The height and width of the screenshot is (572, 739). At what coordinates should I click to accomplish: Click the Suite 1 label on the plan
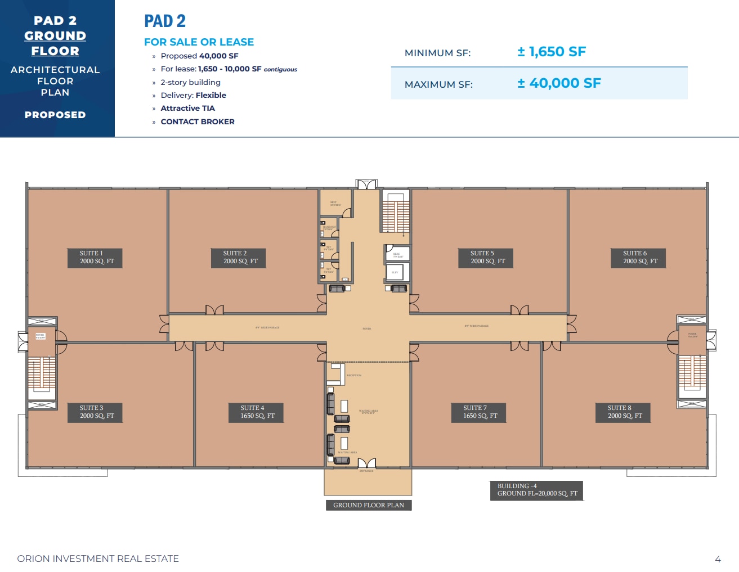point(96,258)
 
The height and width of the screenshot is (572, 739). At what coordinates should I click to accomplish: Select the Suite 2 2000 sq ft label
point(240,258)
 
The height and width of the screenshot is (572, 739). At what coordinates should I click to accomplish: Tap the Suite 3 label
point(96,412)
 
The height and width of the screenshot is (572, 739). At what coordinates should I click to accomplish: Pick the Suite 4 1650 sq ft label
point(257,412)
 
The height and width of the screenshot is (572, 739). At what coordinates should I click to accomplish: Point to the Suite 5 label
point(487,258)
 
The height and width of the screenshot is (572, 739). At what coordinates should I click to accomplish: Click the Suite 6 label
point(640,258)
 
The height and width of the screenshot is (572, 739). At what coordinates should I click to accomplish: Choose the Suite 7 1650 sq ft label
point(480,412)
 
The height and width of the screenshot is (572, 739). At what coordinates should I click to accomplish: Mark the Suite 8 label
point(624,412)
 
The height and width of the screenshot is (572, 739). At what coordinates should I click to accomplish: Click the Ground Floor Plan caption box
point(369,505)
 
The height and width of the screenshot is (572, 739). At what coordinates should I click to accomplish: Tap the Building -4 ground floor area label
point(537,490)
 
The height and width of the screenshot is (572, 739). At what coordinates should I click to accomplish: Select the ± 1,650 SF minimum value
point(552,52)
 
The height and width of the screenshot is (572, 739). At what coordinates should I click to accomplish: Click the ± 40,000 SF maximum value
point(559,83)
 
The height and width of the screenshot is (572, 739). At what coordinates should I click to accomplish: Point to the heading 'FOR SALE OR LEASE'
point(199,42)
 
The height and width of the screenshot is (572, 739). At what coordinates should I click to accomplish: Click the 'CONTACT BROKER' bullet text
point(198,121)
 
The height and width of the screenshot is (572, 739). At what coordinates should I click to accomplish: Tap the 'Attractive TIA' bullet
point(187,108)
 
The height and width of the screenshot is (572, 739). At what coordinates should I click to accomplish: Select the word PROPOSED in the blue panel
point(55,115)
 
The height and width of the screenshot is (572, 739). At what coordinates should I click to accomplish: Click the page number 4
point(718,559)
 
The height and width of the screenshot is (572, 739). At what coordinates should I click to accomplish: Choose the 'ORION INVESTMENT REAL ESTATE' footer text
point(98,559)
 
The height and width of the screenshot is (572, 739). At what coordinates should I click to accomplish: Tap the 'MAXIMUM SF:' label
point(438,84)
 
